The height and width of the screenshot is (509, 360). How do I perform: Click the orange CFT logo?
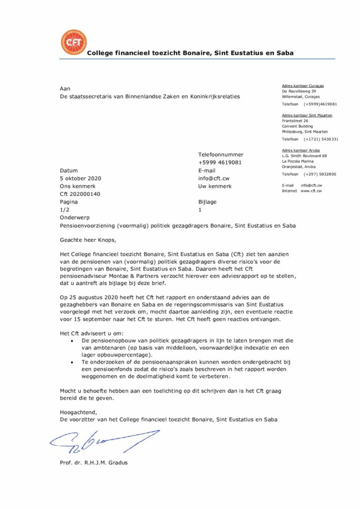tap(73, 42)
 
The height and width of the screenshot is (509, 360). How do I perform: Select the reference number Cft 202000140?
tap(80, 194)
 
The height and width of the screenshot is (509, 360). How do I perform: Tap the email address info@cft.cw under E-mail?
tap(213, 178)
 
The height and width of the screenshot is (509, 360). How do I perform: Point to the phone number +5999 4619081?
tap(220, 162)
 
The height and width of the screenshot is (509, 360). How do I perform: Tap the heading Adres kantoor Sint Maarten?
tap(307, 115)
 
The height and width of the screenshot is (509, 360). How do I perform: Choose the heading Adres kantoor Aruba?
tap(300, 150)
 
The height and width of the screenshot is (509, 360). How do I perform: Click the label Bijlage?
tap(207, 202)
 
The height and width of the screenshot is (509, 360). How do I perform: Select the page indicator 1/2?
tap(65, 210)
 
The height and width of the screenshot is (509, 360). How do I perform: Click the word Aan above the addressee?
tap(65, 88)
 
